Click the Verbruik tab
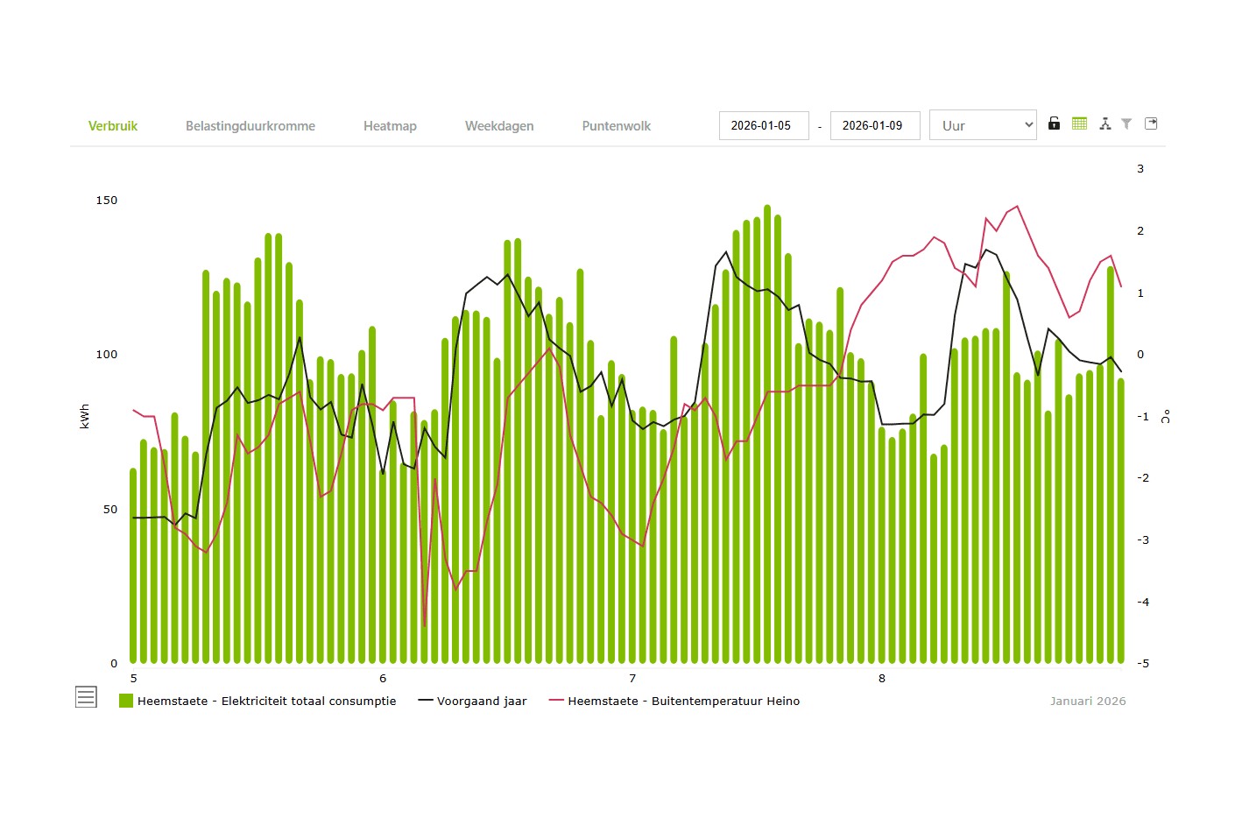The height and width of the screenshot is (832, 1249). click(113, 126)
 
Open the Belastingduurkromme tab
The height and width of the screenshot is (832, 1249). click(250, 126)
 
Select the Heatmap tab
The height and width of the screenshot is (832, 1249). click(390, 126)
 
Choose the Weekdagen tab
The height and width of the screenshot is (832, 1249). click(499, 126)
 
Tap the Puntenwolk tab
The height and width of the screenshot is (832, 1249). click(617, 126)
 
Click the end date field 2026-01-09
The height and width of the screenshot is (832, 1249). click(874, 125)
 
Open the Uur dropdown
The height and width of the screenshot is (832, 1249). click(983, 125)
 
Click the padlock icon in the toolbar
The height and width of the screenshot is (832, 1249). click(1055, 123)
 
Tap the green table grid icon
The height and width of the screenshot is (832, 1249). click(1080, 123)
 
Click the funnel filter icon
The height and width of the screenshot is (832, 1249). click(1127, 123)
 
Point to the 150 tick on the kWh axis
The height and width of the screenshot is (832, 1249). click(107, 201)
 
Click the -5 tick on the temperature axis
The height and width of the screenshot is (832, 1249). click(1143, 664)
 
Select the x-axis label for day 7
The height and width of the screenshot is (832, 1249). click(632, 679)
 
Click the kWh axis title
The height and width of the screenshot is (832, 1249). click(85, 416)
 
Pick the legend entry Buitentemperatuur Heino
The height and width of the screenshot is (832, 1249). click(683, 702)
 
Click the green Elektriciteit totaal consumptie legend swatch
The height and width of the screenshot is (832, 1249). click(126, 701)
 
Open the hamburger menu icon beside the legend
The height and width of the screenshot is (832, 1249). click(86, 697)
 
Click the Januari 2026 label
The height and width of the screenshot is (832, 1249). click(1088, 702)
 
